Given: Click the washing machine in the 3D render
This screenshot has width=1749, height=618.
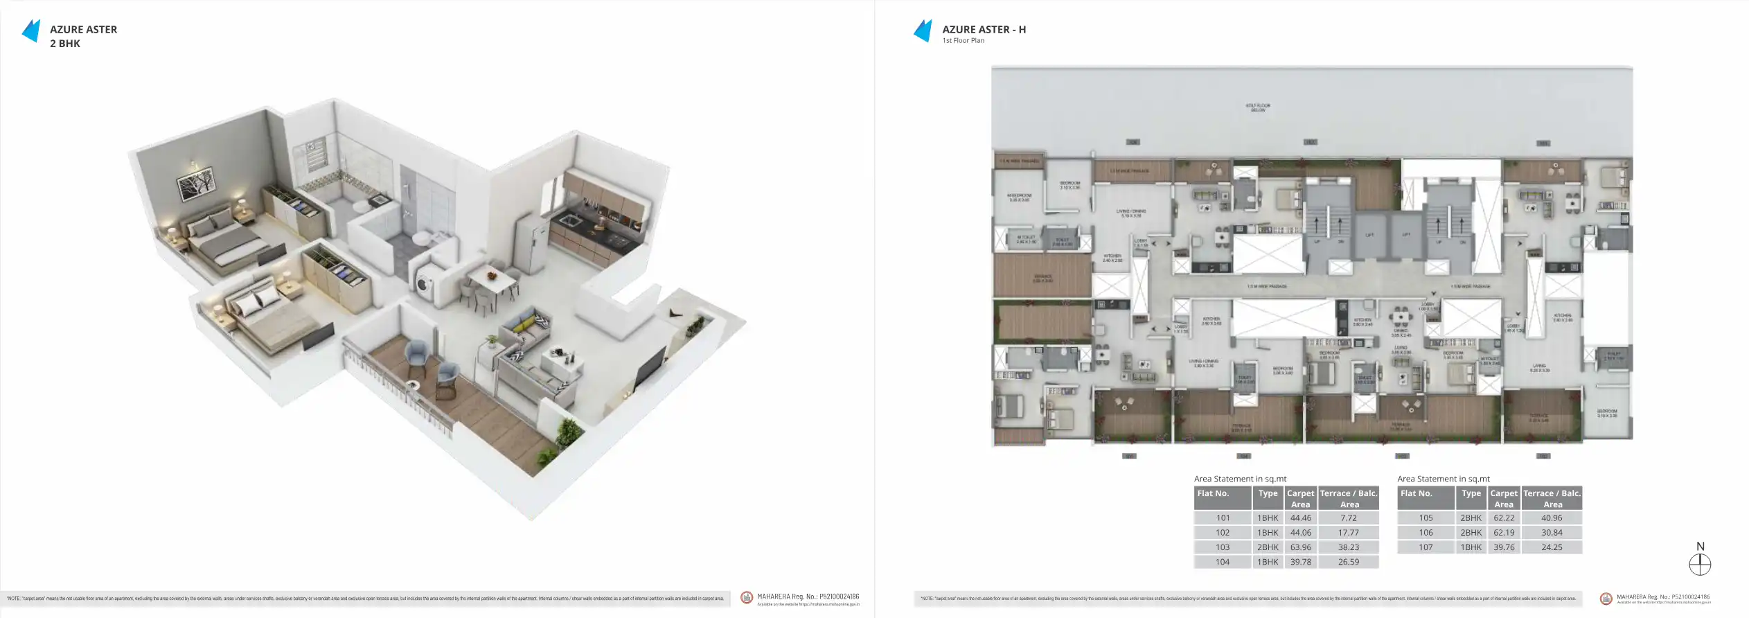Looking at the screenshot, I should tap(423, 283).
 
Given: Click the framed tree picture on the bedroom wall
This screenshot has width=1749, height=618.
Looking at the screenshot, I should tap(196, 185).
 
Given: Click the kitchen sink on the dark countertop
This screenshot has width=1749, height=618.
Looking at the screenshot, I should tap(570, 220).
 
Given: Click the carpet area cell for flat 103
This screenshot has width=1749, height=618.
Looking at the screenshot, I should tap(1300, 547).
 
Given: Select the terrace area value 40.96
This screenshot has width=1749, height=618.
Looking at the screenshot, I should tap(1552, 518).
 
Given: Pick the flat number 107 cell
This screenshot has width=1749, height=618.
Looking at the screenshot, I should tap(1426, 547).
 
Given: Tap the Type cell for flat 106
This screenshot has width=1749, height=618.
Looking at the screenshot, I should tap(1471, 533).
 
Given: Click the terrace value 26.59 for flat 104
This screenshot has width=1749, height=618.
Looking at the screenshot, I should tap(1348, 562).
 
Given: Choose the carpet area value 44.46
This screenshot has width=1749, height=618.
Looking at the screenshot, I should tap(1300, 518).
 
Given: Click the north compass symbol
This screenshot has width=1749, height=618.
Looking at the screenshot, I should tap(1700, 565).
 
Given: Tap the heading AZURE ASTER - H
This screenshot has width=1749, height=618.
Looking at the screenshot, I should tap(984, 29).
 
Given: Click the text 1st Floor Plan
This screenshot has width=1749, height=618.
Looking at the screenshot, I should tap(963, 41).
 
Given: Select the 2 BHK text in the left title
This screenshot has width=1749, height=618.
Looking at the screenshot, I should tap(65, 44).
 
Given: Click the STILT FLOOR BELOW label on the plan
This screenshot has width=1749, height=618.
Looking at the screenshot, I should tap(1258, 108).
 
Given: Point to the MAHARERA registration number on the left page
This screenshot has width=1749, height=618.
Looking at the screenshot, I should tap(808, 597).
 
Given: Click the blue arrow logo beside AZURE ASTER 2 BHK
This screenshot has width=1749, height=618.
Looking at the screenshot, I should tap(31, 31).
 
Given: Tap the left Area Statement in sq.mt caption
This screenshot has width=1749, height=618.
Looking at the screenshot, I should tap(1240, 479).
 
